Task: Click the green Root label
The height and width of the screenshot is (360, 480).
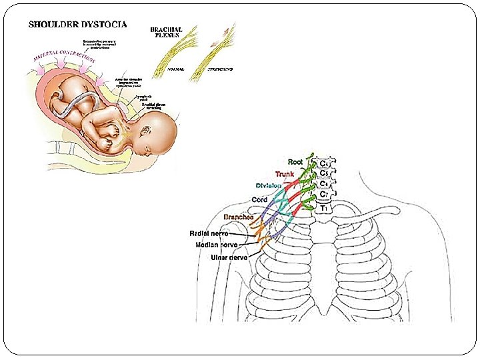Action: click(295, 161)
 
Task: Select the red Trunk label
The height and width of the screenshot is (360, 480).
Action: click(285, 174)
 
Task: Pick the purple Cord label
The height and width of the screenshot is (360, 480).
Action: click(259, 200)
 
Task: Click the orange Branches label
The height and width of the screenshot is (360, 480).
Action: click(238, 217)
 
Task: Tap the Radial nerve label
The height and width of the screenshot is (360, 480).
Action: click(209, 233)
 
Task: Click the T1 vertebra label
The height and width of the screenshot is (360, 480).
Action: click(324, 208)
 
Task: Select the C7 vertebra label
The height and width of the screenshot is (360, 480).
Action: click(324, 194)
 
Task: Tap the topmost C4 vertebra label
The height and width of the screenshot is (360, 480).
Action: click(324, 162)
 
